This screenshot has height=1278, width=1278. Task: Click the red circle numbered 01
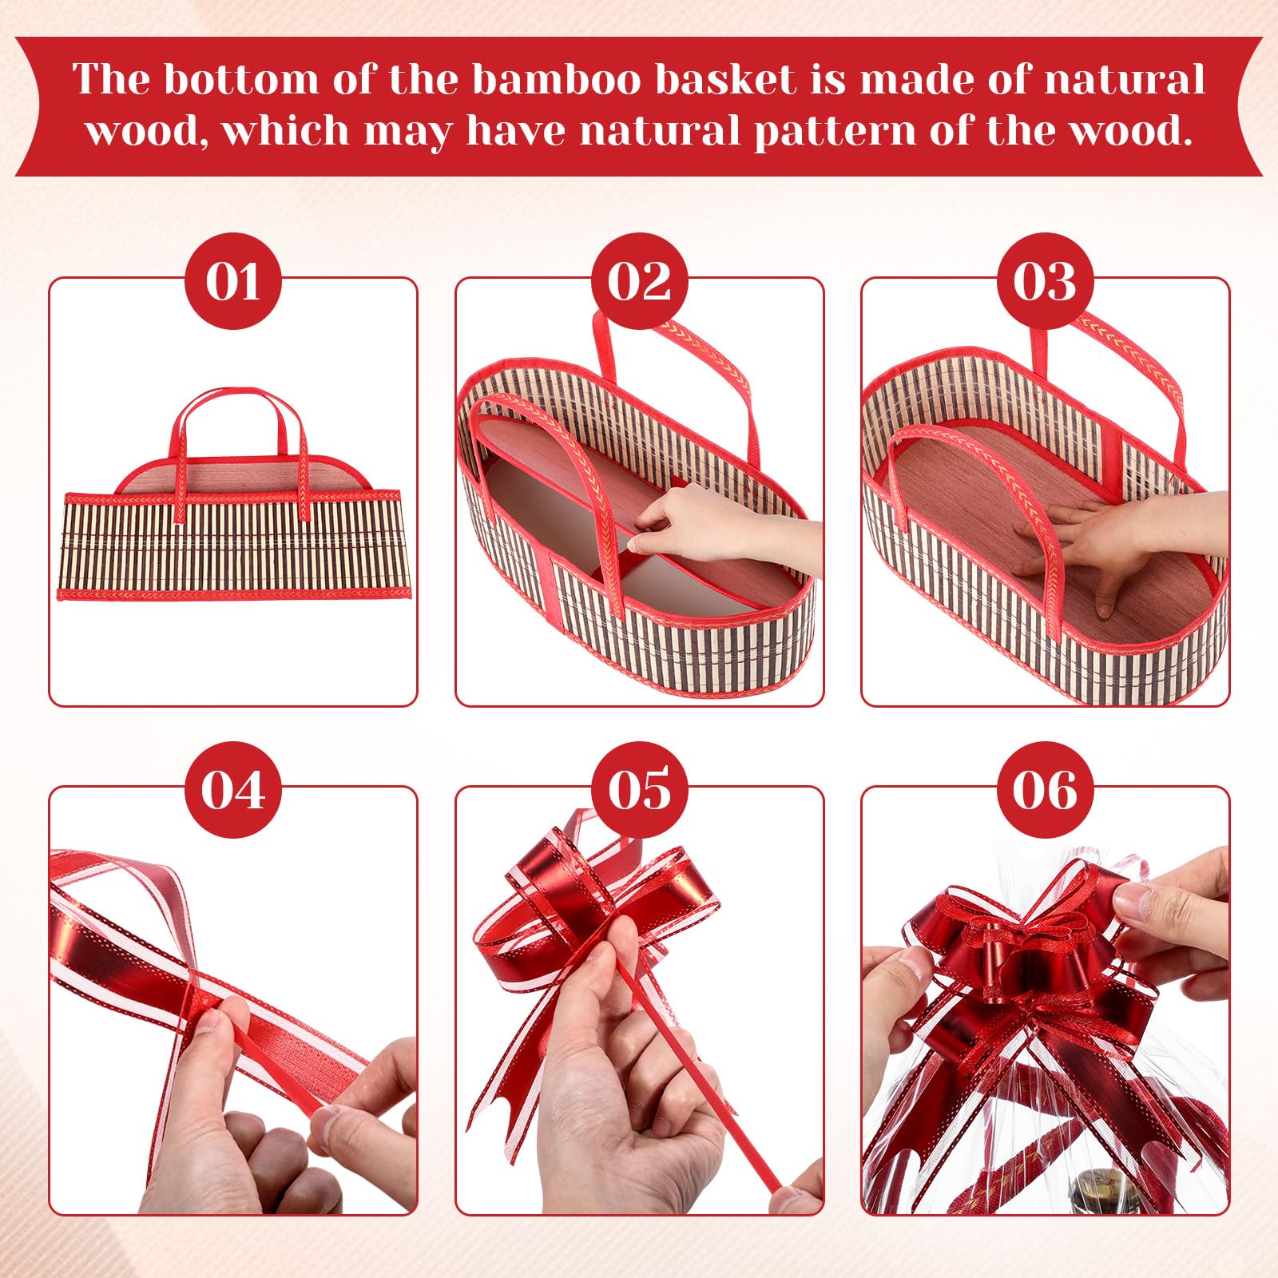point(232,281)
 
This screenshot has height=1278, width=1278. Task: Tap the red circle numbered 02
point(639,281)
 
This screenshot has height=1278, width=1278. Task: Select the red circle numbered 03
point(1046,281)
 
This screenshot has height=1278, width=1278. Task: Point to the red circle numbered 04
point(232,790)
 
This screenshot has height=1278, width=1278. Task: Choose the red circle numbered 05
point(639,790)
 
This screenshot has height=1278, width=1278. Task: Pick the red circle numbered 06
point(1046,790)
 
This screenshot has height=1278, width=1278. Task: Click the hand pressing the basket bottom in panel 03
point(1118,543)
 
